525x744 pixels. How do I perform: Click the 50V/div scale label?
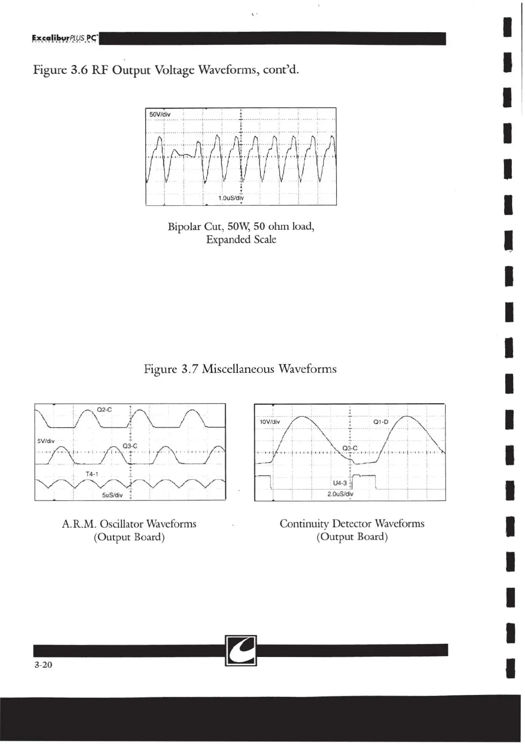tap(160, 114)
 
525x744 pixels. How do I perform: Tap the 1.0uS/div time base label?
tap(231, 198)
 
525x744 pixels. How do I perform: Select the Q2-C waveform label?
tap(104, 410)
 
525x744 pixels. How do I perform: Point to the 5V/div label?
tap(46, 441)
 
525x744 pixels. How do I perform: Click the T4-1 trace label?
tap(92, 474)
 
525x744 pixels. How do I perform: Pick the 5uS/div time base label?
tap(112, 495)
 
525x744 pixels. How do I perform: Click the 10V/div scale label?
tap(270, 422)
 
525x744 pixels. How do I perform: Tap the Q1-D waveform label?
tap(381, 422)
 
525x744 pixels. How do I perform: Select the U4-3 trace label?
tap(340, 483)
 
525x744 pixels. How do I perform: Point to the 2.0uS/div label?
tap(340, 494)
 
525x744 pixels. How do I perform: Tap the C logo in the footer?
tap(241, 650)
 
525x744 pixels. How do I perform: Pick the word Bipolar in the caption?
tap(184, 227)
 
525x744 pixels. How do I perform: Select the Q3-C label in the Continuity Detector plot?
tap(350, 448)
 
